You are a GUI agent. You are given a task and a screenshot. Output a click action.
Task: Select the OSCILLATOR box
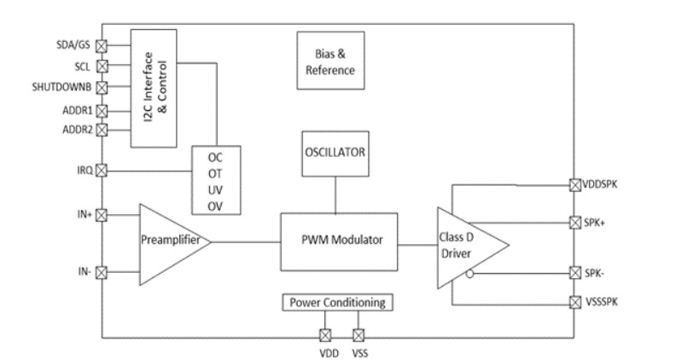pos(335,154)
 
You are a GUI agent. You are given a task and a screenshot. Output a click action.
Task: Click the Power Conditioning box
pos(337,302)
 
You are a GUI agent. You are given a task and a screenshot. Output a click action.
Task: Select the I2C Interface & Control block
pos(154,87)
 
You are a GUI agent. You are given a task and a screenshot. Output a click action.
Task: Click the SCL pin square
pos(102,66)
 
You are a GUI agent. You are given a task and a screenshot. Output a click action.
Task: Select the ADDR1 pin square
pos(102,109)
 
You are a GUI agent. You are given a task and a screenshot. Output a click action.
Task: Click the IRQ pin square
pos(102,171)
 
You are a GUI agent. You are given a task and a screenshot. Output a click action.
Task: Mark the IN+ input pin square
pos(102,214)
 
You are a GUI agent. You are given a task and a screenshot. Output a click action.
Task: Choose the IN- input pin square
pos(102,273)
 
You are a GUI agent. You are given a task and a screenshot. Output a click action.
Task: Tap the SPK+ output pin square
pos(574,223)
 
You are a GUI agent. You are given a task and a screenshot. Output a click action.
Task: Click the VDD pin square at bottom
pos(324,335)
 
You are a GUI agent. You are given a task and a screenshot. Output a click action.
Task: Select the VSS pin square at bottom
pos(358,335)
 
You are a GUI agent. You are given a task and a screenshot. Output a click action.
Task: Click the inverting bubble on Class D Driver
pos(469,275)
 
